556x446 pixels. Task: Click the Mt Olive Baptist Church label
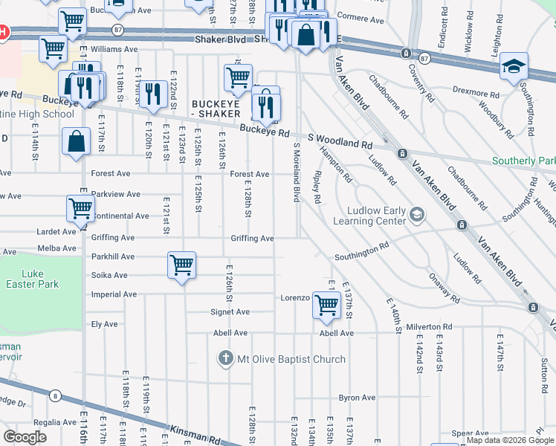[291, 360]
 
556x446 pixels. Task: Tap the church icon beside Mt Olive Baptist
[227, 360]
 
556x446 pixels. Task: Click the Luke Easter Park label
[22, 279]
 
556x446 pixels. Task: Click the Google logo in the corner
[25, 436]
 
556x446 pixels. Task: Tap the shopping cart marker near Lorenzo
[327, 304]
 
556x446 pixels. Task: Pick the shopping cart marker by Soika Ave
[182, 264]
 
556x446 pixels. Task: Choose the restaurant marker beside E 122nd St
[152, 93]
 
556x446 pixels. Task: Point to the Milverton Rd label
[429, 327]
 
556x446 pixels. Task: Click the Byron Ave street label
[357, 398]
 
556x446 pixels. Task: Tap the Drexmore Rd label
[476, 94]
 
